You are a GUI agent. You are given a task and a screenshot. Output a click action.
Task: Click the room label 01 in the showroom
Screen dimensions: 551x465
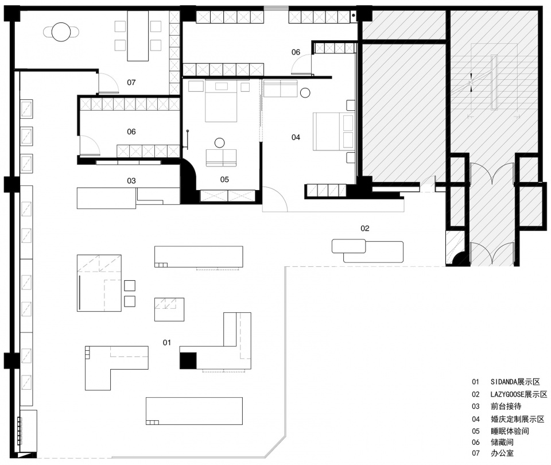pos(166,342)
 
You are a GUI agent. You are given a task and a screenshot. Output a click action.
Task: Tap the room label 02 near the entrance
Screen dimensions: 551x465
pos(365,228)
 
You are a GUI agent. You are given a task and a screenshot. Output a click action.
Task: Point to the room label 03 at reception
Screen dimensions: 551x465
pos(131,181)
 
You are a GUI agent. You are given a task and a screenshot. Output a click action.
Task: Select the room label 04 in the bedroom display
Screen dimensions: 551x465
pos(296,137)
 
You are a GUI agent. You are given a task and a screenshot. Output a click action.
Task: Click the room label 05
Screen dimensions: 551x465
pos(224,180)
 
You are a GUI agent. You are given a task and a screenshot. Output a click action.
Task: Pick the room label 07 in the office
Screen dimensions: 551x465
pos(131,83)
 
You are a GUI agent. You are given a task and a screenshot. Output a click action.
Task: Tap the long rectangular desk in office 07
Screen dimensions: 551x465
pos(138,36)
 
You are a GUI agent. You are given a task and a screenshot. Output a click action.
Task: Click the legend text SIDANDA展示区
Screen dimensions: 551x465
pos(515,382)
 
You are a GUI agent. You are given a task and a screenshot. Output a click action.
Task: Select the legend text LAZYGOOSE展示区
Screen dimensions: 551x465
pos(519,394)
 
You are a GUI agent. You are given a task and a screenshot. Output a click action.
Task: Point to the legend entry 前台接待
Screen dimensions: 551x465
pos(506,406)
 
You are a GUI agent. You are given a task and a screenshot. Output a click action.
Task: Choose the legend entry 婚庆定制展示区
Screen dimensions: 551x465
pos(517,419)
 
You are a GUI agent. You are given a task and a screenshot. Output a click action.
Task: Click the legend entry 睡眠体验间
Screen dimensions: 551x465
pos(510,431)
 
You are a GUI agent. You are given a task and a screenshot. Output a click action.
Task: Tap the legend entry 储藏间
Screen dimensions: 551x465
pos(502,442)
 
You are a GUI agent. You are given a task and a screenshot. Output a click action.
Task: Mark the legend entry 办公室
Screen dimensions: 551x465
pos(502,454)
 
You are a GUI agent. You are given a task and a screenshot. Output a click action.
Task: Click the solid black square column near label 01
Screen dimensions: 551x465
pos(188,361)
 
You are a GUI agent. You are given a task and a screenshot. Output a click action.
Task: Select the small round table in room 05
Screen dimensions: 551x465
pos(220,143)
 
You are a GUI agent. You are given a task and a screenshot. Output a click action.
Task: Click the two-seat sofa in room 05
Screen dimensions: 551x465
pos(221,157)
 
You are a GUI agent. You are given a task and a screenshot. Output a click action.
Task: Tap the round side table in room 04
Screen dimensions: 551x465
pos(305,92)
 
